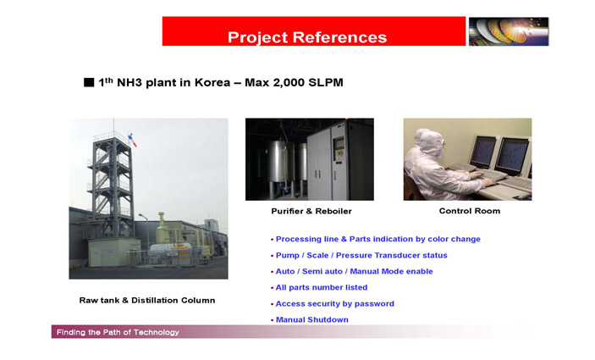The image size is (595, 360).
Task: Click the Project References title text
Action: click(307, 37)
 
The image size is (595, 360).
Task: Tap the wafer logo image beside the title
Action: click(509, 31)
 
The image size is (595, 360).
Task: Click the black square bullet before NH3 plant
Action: click(89, 82)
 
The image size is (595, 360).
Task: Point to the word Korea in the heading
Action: click(212, 82)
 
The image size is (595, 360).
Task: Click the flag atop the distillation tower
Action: click(132, 140)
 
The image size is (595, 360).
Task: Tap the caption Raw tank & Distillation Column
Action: click(147, 301)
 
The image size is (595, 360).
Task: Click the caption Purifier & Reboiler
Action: click(311, 211)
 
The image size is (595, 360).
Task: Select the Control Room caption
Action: click(470, 211)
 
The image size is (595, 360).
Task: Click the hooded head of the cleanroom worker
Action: click(429, 142)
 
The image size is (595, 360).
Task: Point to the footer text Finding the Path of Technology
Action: click(118, 332)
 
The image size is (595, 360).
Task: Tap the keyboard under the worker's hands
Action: click(488, 175)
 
